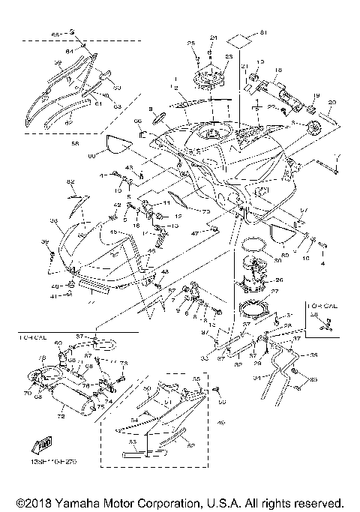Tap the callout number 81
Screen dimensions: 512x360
tap(263, 33)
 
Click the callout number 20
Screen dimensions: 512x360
tap(332, 103)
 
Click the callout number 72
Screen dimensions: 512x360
tap(61, 415)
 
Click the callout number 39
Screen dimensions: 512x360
tap(44, 241)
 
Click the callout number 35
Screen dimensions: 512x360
tap(314, 355)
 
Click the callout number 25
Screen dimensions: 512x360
tap(190, 43)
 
